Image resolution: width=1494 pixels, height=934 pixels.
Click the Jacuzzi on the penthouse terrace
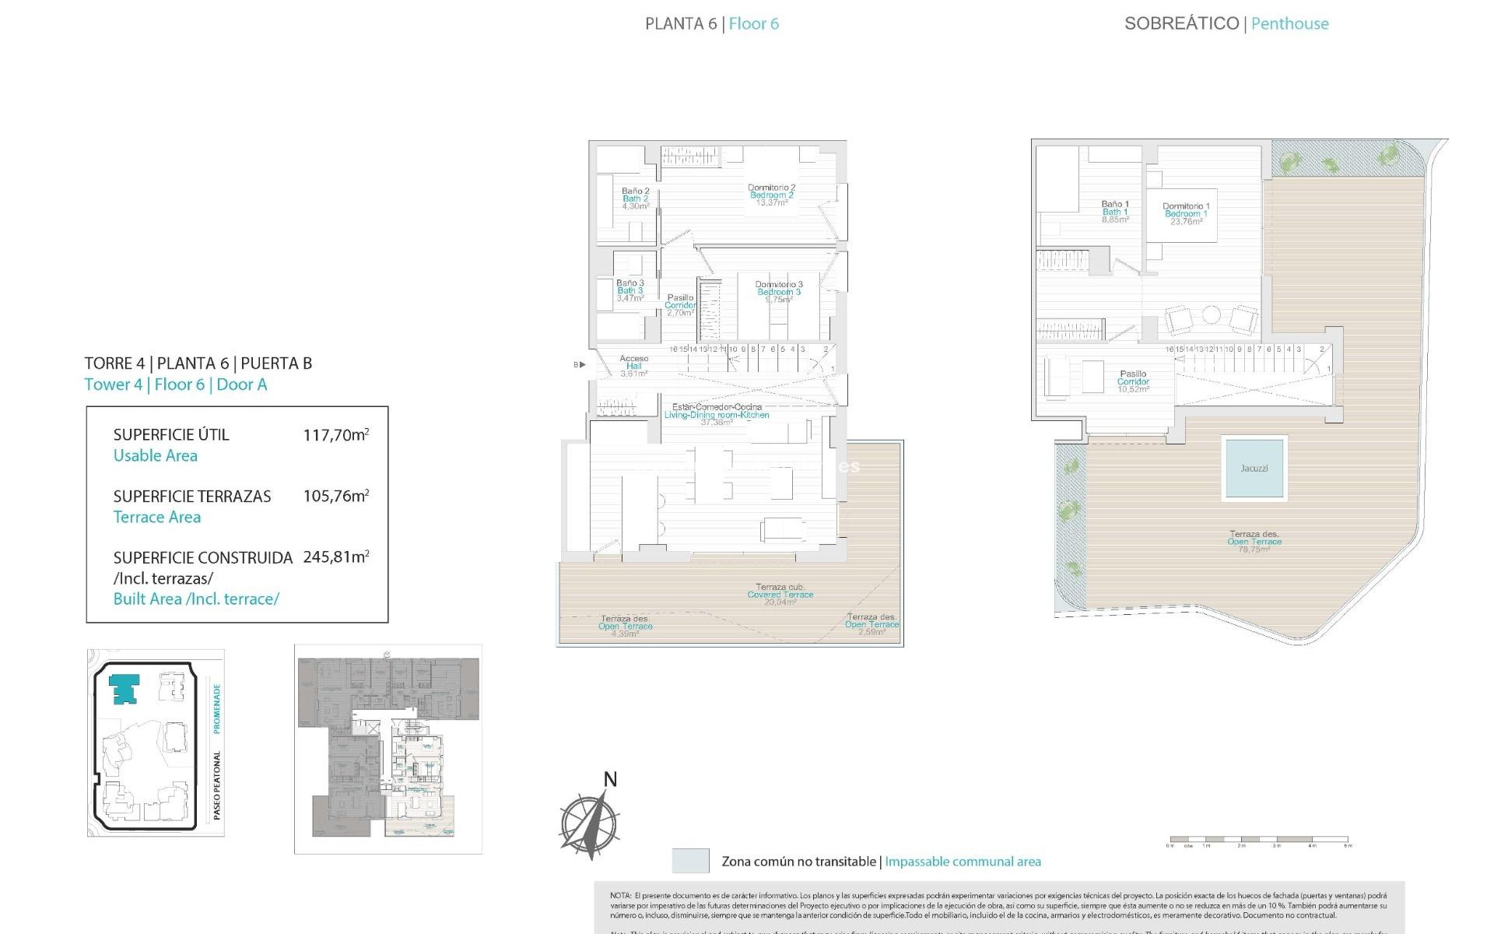point(1254,468)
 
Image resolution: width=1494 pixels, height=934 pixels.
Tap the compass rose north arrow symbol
point(591,823)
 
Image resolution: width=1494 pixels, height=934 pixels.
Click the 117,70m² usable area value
point(336,435)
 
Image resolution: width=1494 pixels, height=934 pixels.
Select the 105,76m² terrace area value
point(336,497)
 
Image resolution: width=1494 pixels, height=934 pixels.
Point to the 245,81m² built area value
point(336,557)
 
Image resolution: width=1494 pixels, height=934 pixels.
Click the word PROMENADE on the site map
point(217,708)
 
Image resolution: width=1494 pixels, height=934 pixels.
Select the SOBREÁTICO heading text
point(1181,23)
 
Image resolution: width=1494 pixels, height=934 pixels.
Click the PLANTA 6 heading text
point(680,24)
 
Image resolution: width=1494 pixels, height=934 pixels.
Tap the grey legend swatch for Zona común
point(690,861)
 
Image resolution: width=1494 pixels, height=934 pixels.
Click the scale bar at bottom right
point(1258,841)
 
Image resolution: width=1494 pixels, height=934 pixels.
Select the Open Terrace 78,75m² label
point(1254,542)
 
